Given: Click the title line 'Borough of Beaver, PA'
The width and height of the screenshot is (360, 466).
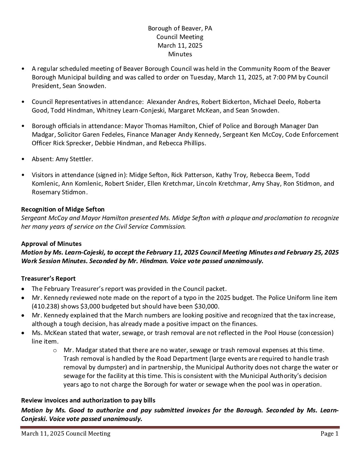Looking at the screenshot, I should pyautogui.click(x=180, y=28).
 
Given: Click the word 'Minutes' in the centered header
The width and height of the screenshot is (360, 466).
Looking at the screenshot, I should pyautogui.click(x=180, y=54).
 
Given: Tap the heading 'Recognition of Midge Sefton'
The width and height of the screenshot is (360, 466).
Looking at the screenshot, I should pyautogui.click(x=63, y=210).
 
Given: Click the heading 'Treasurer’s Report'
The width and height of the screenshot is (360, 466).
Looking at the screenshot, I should pyautogui.click(x=48, y=279).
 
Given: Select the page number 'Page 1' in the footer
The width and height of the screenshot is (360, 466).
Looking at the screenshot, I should pyautogui.click(x=329, y=434).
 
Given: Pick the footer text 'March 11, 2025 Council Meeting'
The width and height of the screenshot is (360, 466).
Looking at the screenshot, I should pyautogui.click(x=66, y=434).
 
